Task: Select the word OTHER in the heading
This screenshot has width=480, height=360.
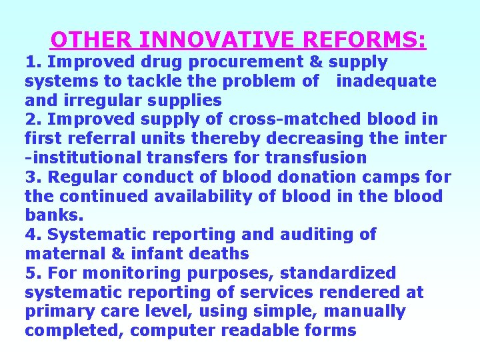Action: [91, 40]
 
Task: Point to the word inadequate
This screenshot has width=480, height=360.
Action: [386, 81]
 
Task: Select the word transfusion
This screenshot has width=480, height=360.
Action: [316, 159]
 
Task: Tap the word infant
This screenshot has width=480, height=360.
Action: [148, 254]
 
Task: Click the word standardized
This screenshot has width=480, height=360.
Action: [338, 273]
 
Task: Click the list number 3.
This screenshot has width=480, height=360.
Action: [30, 178]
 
